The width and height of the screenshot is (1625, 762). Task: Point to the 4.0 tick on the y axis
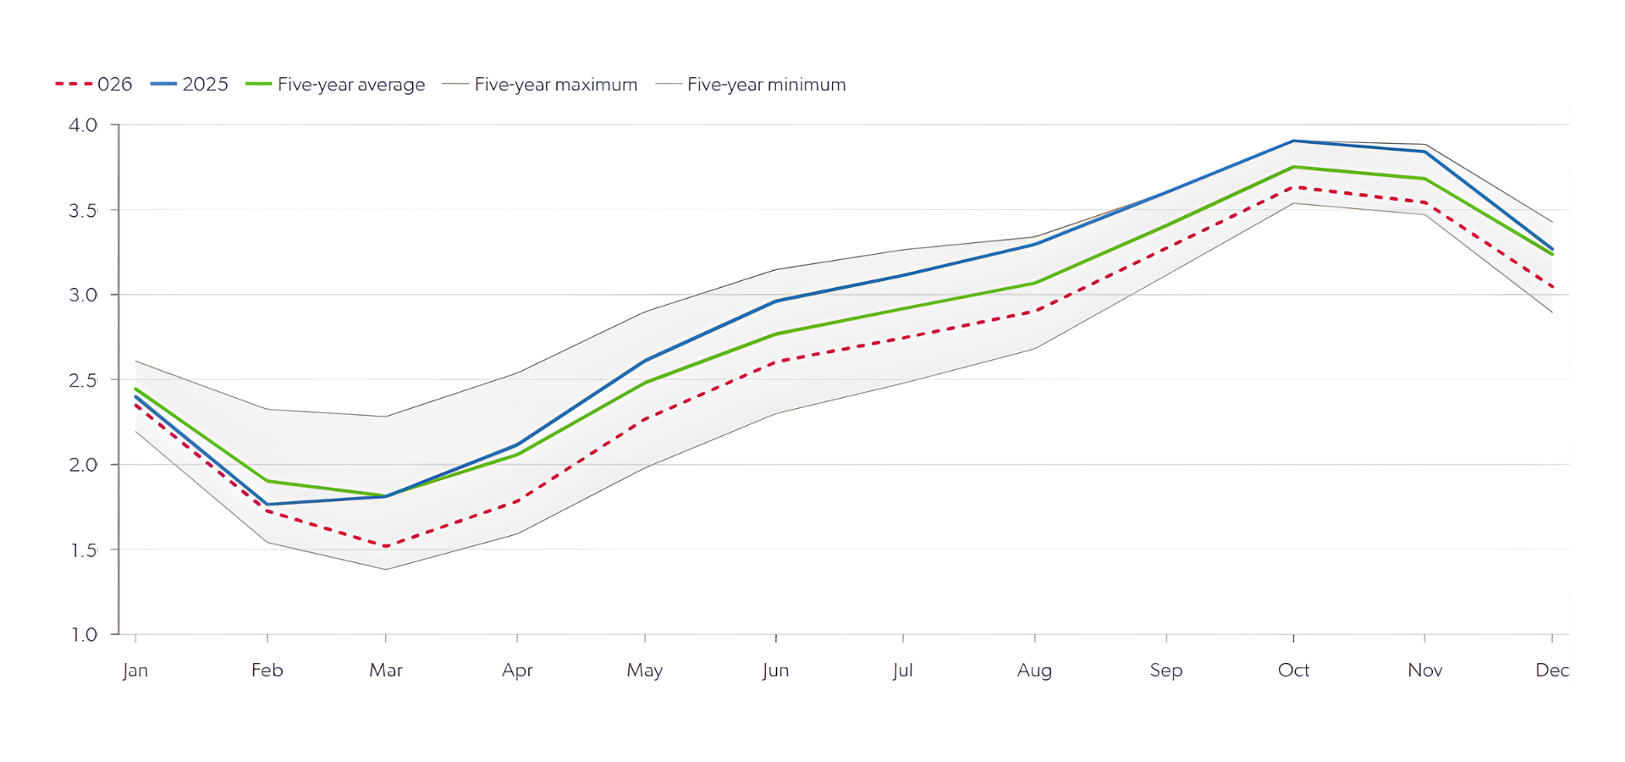pyautogui.click(x=83, y=125)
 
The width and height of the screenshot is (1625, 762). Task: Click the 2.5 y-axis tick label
pyautogui.click(x=83, y=380)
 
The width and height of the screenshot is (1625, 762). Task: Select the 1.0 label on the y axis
pyautogui.click(x=83, y=635)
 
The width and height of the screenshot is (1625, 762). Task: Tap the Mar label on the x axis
pyautogui.click(x=386, y=671)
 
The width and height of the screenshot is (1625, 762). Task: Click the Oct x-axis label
pyautogui.click(x=1293, y=671)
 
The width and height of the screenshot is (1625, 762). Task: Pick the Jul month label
pyautogui.click(x=902, y=671)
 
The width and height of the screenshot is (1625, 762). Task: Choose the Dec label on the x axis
pyautogui.click(x=1551, y=671)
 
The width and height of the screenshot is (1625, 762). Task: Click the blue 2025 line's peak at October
pyautogui.click(x=1293, y=141)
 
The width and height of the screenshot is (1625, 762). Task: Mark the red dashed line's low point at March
pyautogui.click(x=386, y=547)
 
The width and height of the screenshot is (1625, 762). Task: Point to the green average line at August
pyautogui.click(x=1034, y=283)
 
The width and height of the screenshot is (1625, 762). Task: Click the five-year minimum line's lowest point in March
pyautogui.click(x=386, y=569)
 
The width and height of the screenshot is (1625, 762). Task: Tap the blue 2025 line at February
pyautogui.click(x=267, y=505)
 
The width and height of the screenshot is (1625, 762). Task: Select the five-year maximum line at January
pyautogui.click(x=136, y=362)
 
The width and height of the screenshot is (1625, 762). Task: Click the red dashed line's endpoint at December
pyautogui.click(x=1551, y=287)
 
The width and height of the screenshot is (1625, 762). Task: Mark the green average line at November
pyautogui.click(x=1425, y=179)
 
